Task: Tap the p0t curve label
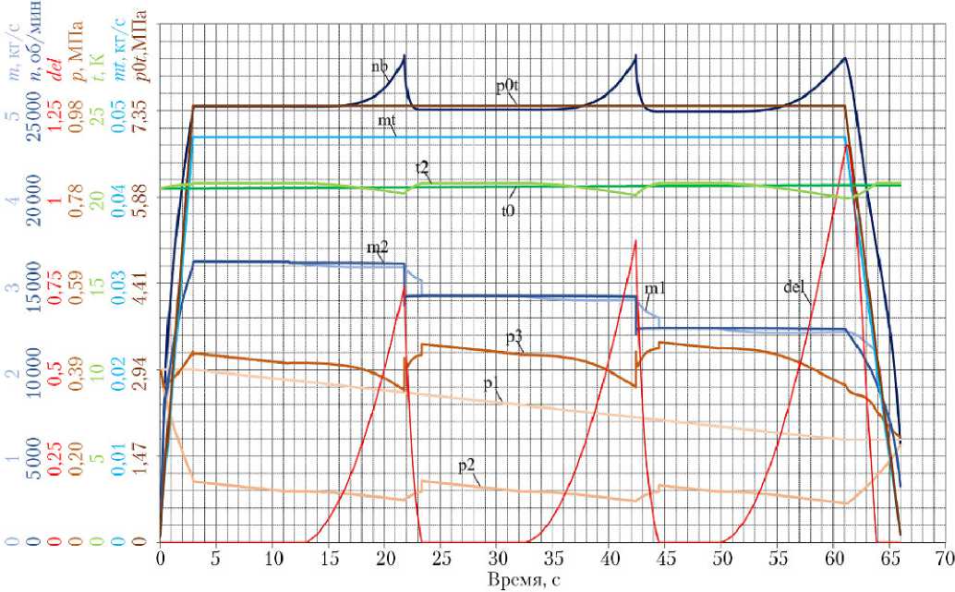coord(506,87)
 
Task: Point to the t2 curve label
coord(421,167)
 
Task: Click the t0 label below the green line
coord(507,211)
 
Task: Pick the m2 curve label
coord(377,248)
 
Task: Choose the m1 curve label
coord(656,290)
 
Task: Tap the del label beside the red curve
coord(793,286)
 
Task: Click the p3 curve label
coord(515,339)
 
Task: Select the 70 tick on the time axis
coord(943,559)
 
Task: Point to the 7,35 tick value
coord(146,112)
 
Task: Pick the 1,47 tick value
coord(146,455)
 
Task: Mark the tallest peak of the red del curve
coord(847,144)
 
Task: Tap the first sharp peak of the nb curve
coord(405,56)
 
